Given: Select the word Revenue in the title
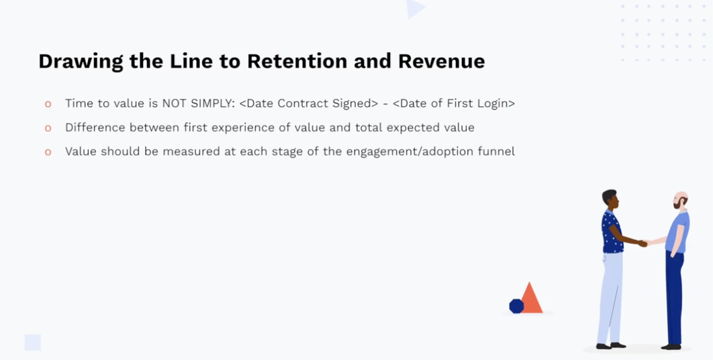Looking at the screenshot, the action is pyautogui.click(x=442, y=61).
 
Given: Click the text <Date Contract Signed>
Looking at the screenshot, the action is pyautogui.click(x=308, y=103).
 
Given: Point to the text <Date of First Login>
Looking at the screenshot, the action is pyautogui.click(x=454, y=103).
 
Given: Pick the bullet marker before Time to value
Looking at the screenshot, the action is pyautogui.click(x=48, y=104).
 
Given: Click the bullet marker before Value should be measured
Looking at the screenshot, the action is pyautogui.click(x=48, y=152).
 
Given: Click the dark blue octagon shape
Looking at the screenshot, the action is pyautogui.click(x=516, y=306).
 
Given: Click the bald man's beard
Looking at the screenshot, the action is pyautogui.click(x=678, y=205).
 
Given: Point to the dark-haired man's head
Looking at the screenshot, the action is pyautogui.click(x=610, y=199).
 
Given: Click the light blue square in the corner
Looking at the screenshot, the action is pyautogui.click(x=33, y=343).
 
